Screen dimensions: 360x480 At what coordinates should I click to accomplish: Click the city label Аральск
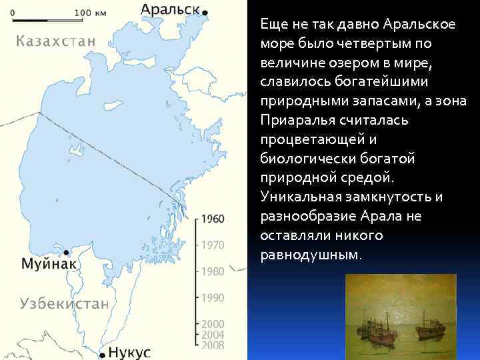click(x=169, y=9)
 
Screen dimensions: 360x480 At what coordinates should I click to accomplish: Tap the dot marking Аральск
click(x=205, y=12)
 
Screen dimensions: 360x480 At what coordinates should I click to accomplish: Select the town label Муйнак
click(x=50, y=263)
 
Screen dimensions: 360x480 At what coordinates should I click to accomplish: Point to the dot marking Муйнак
click(x=67, y=252)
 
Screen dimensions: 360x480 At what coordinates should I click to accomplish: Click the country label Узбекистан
click(x=64, y=303)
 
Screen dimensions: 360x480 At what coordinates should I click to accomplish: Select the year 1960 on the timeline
click(x=213, y=219)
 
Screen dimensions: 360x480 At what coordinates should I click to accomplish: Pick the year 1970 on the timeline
click(x=213, y=245)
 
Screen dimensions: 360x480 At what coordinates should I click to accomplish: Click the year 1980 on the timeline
click(x=213, y=271)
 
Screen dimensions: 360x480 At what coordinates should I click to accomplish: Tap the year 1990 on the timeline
click(x=213, y=298)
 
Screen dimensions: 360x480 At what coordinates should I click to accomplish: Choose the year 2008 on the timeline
click(x=213, y=345)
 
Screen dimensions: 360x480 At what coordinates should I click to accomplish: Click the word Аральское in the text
click(x=419, y=25)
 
